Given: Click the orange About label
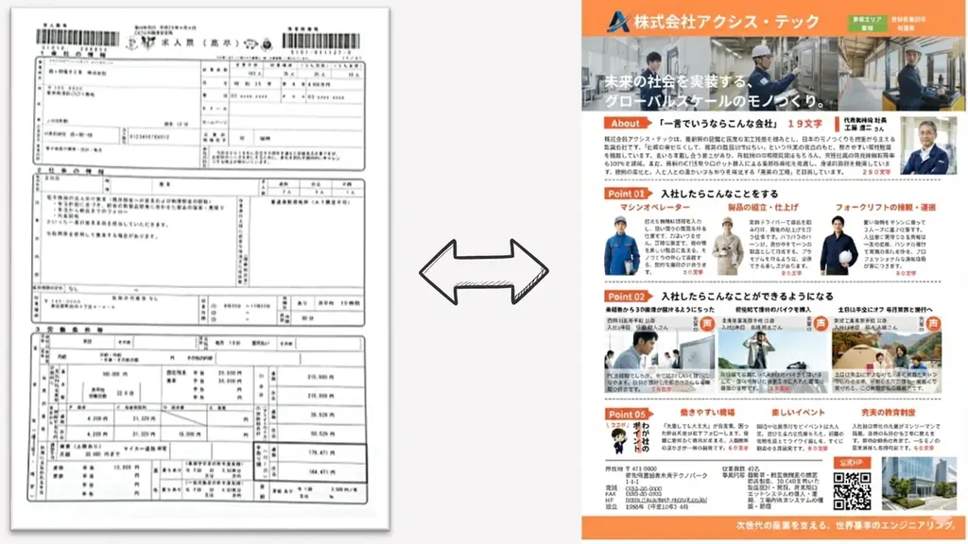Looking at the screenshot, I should pos(626,123).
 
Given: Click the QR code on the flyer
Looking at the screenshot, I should pos(852,490).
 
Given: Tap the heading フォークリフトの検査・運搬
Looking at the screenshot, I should pos(883,207).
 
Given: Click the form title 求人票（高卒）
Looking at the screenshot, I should pos(199,43).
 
